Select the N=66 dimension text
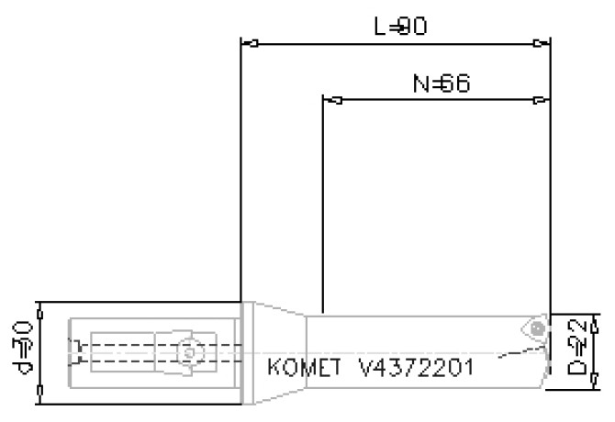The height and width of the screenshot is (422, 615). (x=441, y=84)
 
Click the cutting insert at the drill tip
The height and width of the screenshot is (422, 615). (x=532, y=328)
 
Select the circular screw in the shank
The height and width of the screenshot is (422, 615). (x=188, y=351)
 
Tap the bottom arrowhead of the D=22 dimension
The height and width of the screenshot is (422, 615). (x=596, y=383)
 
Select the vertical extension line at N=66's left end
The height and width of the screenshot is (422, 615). (x=323, y=202)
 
